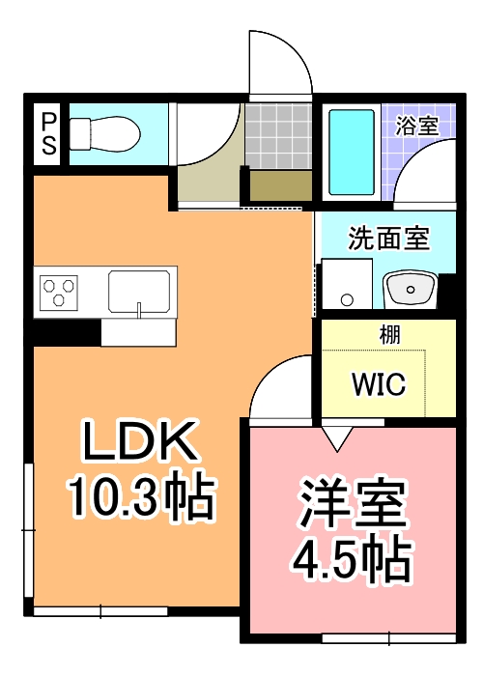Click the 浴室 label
point(417,125)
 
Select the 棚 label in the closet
point(389,335)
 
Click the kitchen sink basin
point(139,290)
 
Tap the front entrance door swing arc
point(280,63)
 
